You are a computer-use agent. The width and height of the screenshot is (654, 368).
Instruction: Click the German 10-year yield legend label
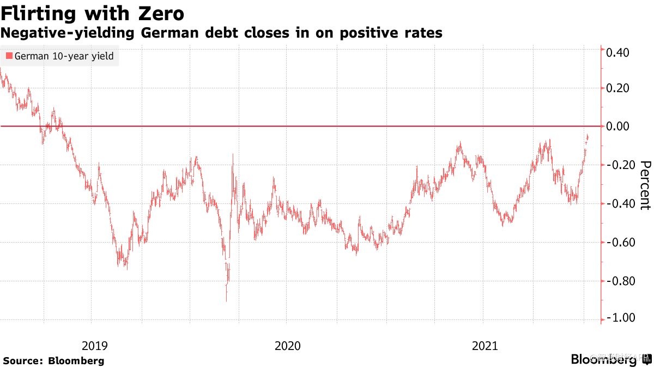(64, 56)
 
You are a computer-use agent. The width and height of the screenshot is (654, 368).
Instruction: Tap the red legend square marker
(8, 56)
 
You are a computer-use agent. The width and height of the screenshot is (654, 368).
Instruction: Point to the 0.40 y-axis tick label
(618, 53)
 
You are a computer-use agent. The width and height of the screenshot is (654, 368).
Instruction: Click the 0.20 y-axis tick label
(618, 88)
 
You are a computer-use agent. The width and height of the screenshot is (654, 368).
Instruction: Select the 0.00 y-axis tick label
(618, 126)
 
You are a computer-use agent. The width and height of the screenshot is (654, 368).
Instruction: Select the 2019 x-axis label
(95, 345)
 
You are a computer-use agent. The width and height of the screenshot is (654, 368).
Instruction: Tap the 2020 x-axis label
(289, 345)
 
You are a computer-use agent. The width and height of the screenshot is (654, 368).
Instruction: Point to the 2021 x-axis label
(485, 345)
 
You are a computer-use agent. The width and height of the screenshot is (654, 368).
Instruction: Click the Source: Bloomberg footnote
(53, 360)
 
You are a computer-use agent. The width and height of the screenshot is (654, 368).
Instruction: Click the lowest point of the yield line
(226, 301)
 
